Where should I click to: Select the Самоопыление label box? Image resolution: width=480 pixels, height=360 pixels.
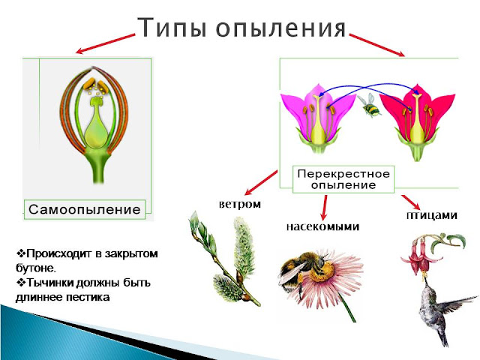click(x=84, y=209)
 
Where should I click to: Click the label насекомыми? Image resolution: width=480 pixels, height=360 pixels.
click(x=322, y=226)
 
